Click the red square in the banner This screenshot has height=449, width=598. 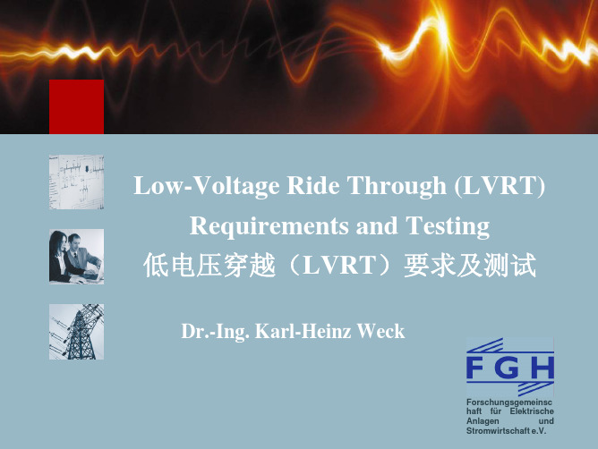pyautogui.click(x=76, y=106)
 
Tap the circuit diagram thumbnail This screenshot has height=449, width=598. pyautogui.click(x=76, y=182)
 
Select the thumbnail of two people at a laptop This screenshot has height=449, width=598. pyautogui.click(x=76, y=257)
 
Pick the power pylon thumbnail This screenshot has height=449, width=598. pyautogui.click(x=76, y=332)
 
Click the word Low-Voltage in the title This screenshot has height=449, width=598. pyautogui.click(x=206, y=186)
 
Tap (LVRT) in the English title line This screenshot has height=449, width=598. pyautogui.click(x=500, y=186)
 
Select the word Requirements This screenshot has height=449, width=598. pyautogui.click(x=269, y=226)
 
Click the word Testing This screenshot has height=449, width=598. pyautogui.click(x=448, y=226)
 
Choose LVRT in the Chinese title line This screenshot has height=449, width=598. pyautogui.click(x=339, y=266)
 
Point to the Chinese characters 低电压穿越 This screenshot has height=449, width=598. pyautogui.click(x=209, y=266)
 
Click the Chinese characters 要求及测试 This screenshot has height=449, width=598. pyautogui.click(x=470, y=266)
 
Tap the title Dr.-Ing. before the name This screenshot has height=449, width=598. pyautogui.click(x=216, y=331)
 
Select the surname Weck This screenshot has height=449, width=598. pyautogui.click(x=380, y=331)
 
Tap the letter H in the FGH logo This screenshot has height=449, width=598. pyautogui.click(x=542, y=368)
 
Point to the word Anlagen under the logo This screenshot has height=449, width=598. pyautogui.click(x=483, y=421)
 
